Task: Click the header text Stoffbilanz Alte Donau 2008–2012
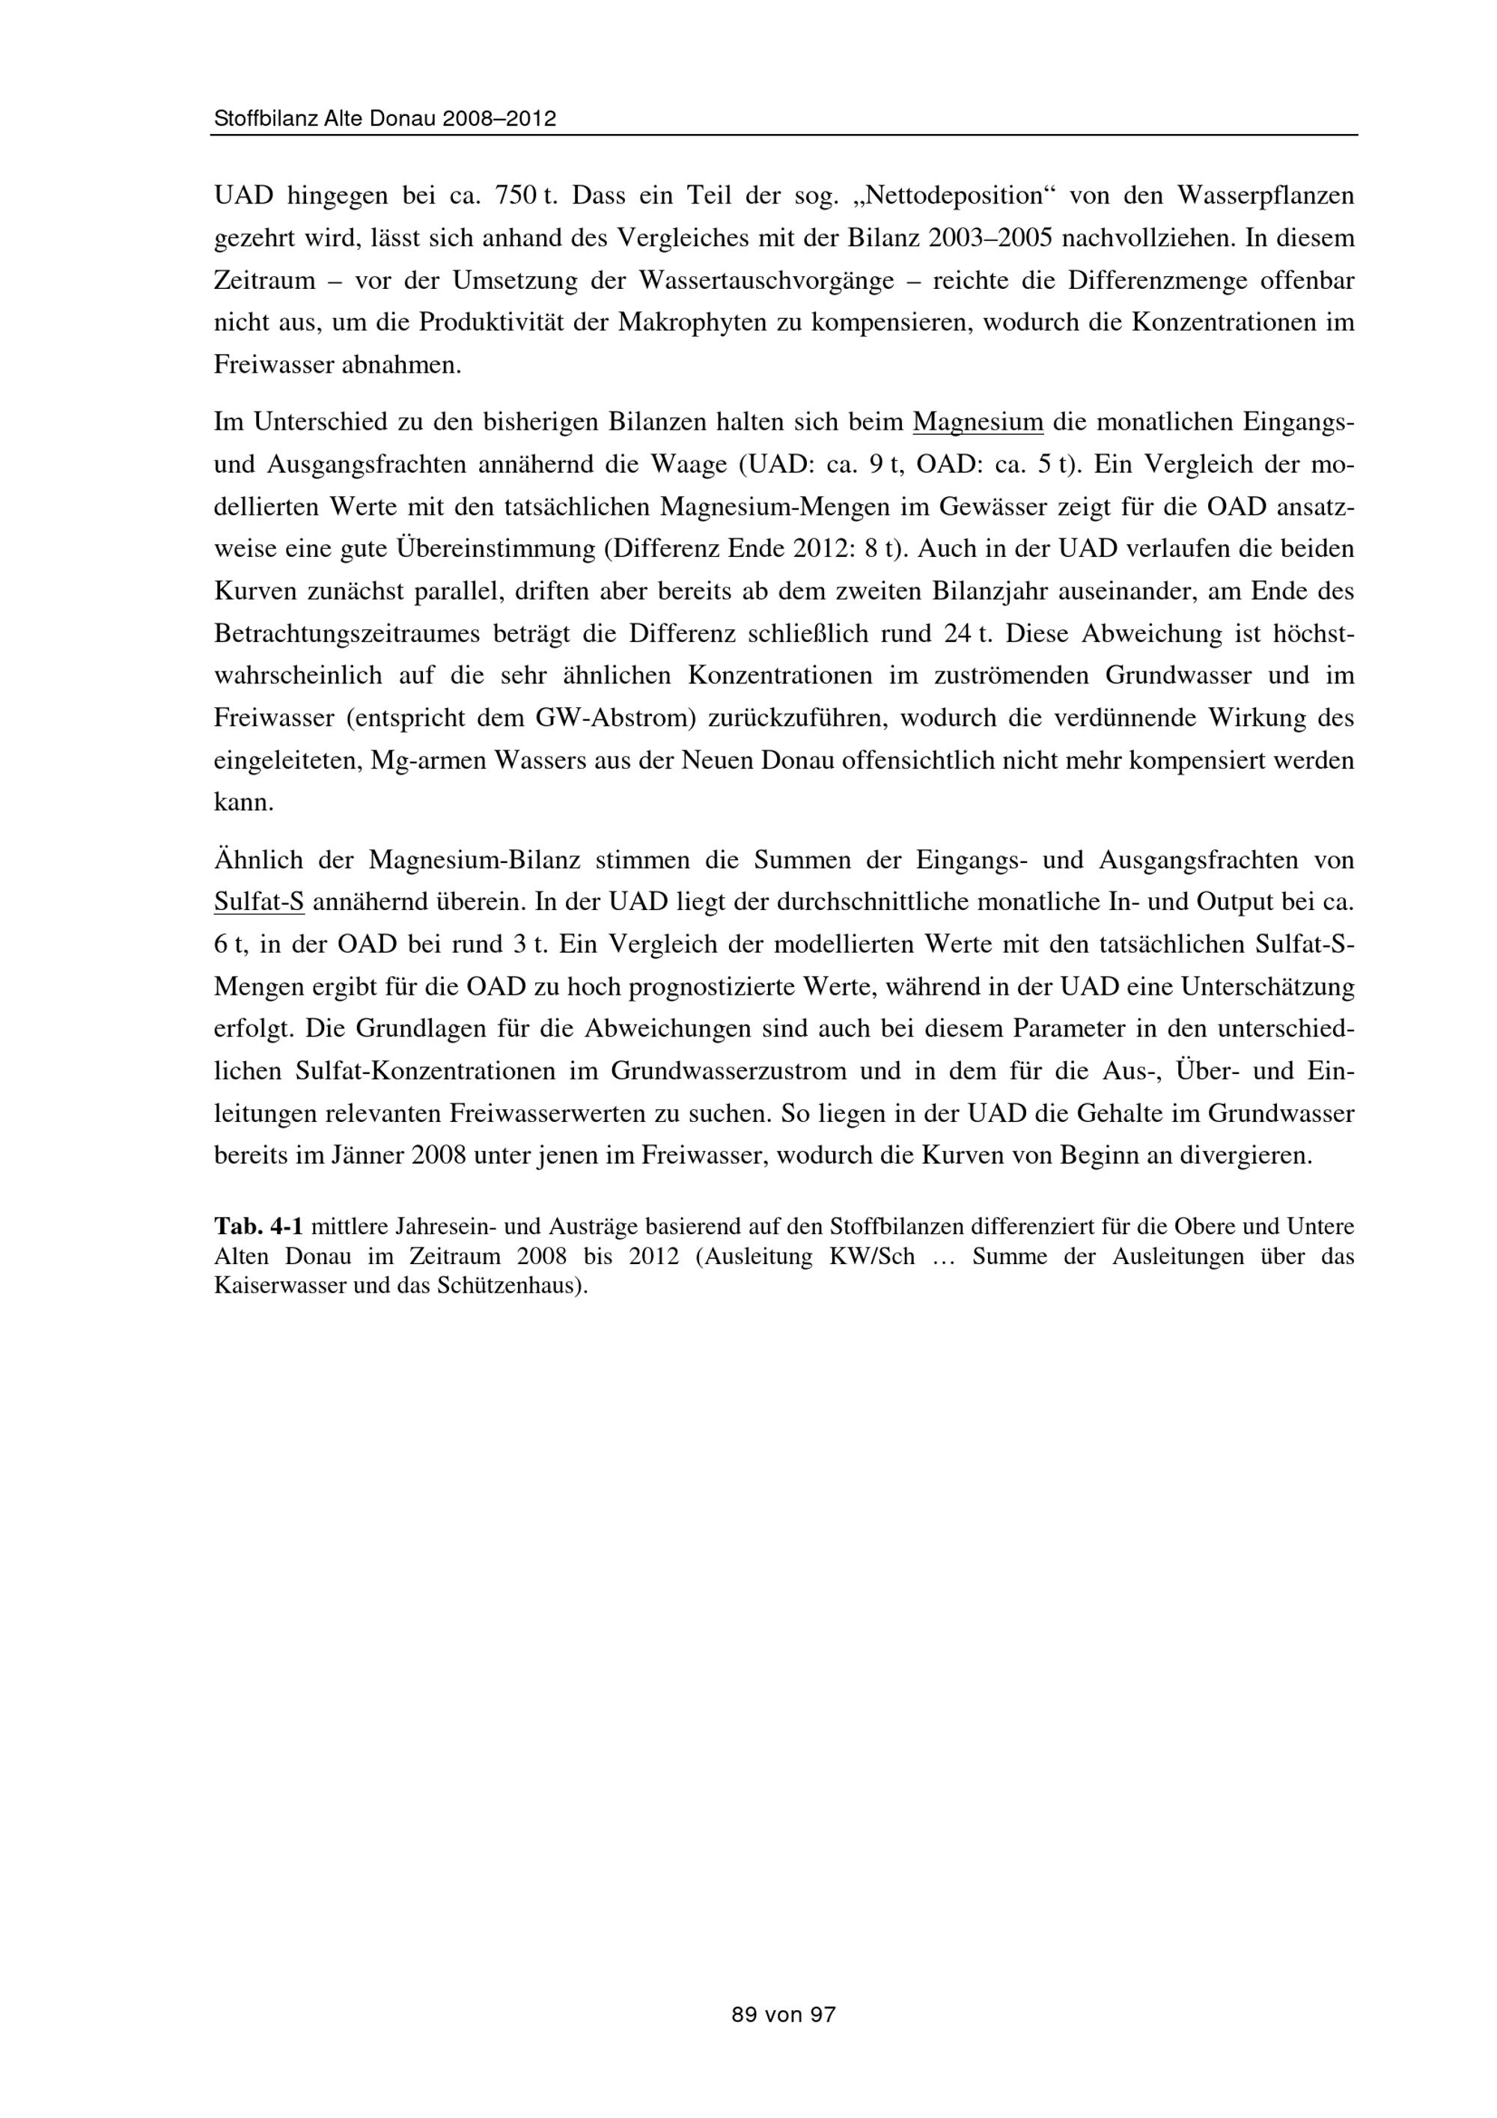pos(385,119)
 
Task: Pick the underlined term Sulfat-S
pos(258,901)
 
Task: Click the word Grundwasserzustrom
pos(729,1071)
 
